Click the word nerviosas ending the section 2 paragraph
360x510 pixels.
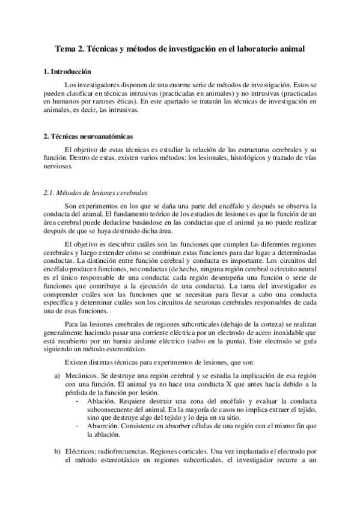(x=58, y=167)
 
